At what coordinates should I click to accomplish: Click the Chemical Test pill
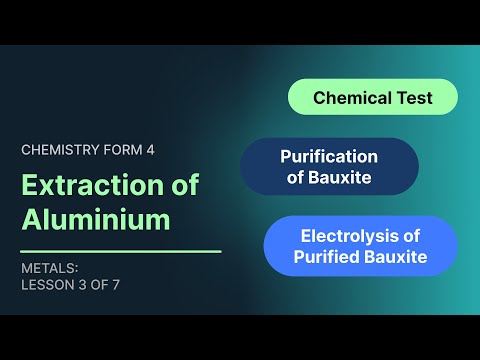tap(373, 97)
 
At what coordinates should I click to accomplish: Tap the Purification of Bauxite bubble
tap(328, 167)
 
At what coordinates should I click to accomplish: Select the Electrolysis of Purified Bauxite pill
tap(360, 246)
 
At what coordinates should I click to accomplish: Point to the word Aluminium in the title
tap(96, 219)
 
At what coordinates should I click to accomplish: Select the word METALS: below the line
tap(49, 267)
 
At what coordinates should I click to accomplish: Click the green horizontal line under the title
tap(120, 251)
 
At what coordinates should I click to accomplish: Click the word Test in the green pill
tap(414, 97)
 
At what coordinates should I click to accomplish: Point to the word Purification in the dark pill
tap(329, 156)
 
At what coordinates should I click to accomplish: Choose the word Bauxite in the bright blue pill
tap(397, 257)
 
